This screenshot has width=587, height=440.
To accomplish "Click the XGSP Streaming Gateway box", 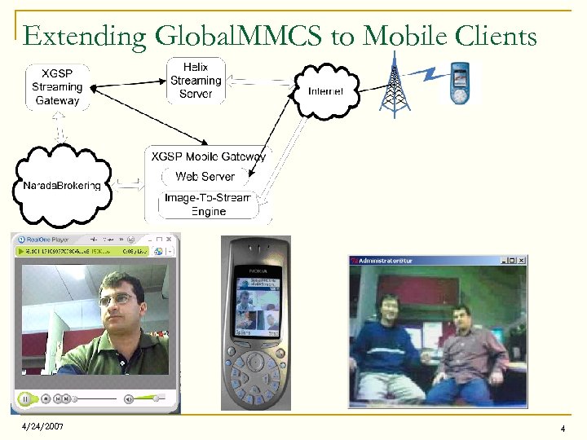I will click(58, 87).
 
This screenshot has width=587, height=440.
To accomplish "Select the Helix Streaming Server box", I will click(196, 80).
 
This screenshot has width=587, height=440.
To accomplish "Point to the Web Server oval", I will click(205, 176).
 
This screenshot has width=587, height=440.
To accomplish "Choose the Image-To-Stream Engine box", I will click(209, 205).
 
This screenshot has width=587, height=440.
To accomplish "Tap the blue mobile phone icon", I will click(461, 83).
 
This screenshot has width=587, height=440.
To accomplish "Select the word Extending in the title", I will click(85, 37).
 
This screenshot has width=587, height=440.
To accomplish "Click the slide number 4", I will click(563, 429).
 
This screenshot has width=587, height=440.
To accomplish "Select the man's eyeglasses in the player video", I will click(117, 299).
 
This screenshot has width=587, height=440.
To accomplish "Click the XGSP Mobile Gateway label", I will click(209, 156).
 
